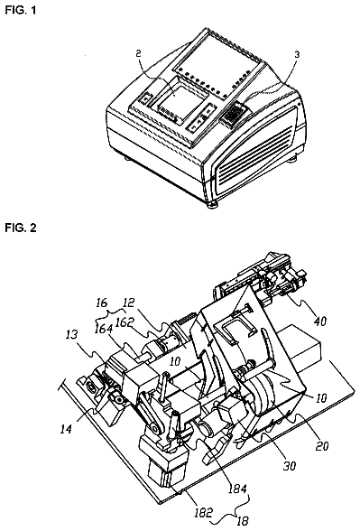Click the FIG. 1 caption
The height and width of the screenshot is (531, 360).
20,11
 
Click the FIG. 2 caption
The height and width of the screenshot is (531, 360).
20,228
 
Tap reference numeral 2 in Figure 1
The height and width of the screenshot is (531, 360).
138,53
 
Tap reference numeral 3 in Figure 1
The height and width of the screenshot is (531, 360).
297,55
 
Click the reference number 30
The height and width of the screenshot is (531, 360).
289,466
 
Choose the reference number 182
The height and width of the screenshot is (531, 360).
203,512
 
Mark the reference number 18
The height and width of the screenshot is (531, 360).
242,521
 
